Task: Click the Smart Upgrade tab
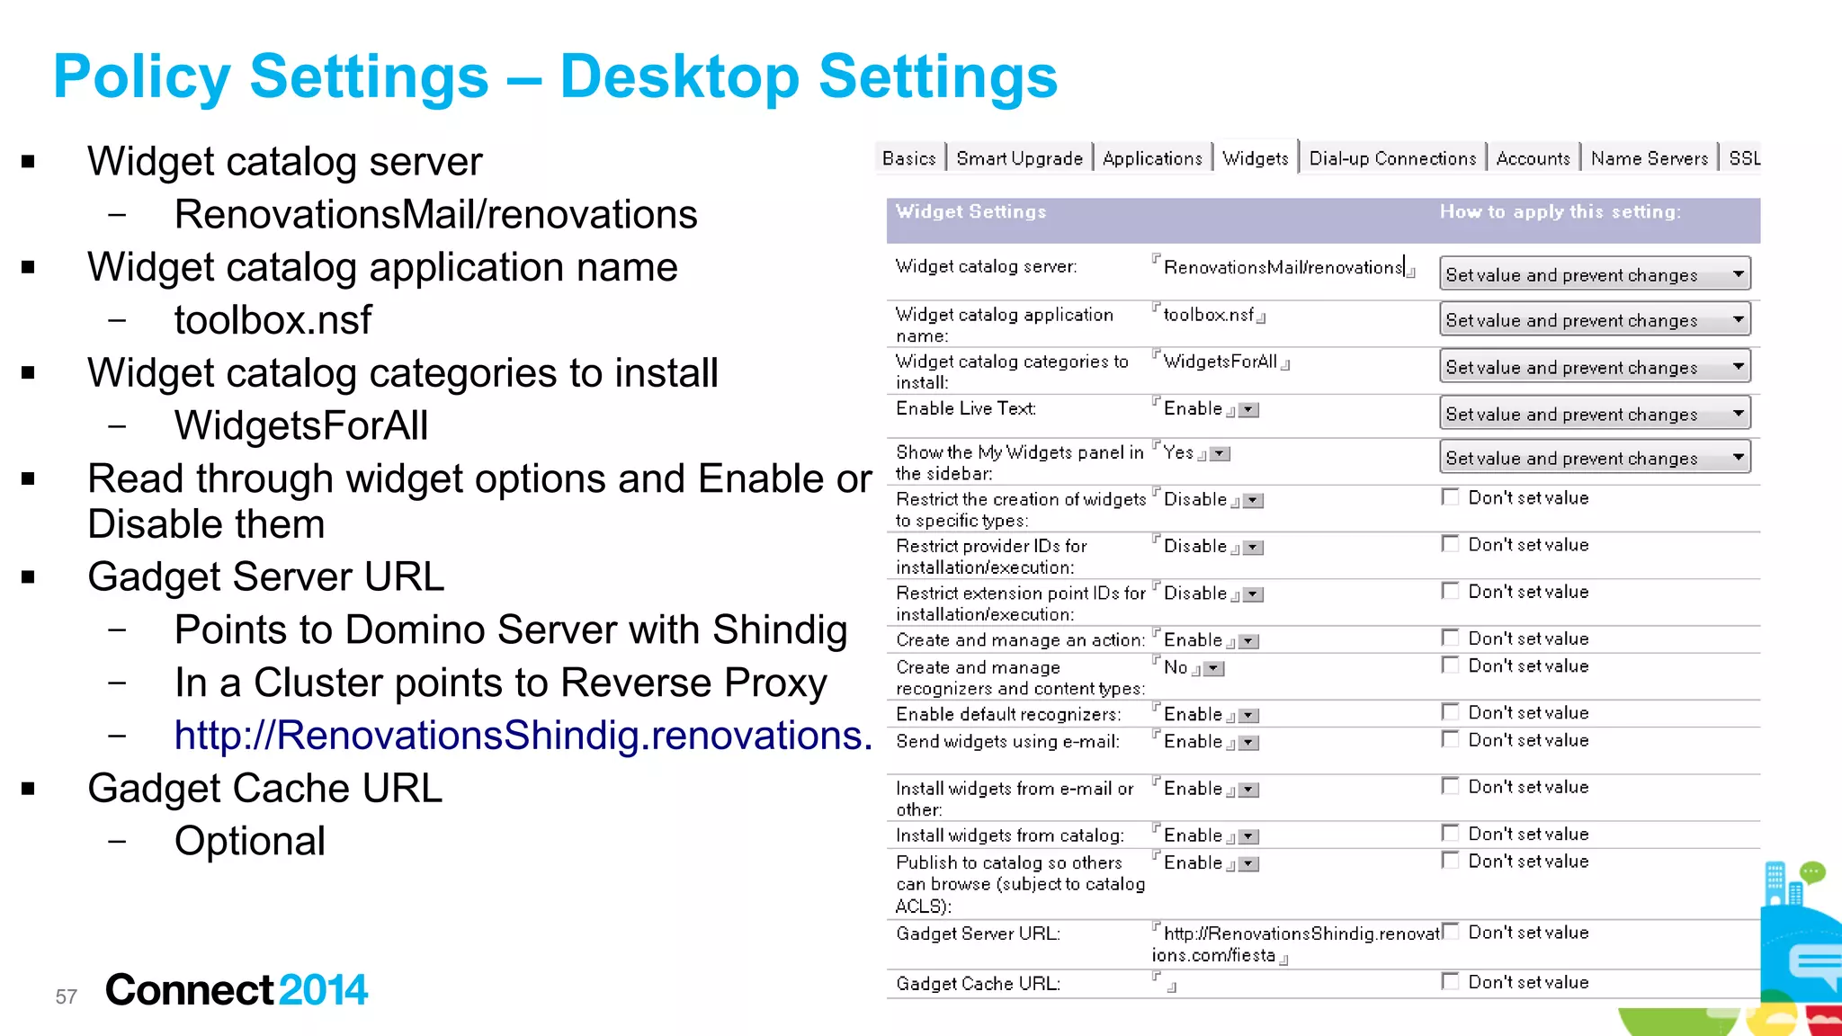click(1019, 158)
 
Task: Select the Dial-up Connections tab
click(1392, 158)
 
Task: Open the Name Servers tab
click(1649, 158)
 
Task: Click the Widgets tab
click(1256, 158)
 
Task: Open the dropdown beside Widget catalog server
click(1738, 273)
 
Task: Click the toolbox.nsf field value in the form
click(1208, 315)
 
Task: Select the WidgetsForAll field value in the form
click(1220, 362)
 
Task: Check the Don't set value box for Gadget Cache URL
click(1450, 981)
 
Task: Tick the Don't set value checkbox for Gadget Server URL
click(1450, 932)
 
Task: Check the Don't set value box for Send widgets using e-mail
click(1450, 739)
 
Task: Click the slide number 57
click(67, 996)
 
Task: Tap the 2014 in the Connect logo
click(323, 990)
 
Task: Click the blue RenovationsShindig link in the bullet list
click(522, 736)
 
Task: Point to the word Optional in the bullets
click(249, 842)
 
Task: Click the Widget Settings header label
click(970, 211)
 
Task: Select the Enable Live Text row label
click(965, 408)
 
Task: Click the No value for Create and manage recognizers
click(1176, 667)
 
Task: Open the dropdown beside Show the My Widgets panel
click(1738, 457)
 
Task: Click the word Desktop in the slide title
click(679, 76)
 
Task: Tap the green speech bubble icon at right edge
click(1811, 871)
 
